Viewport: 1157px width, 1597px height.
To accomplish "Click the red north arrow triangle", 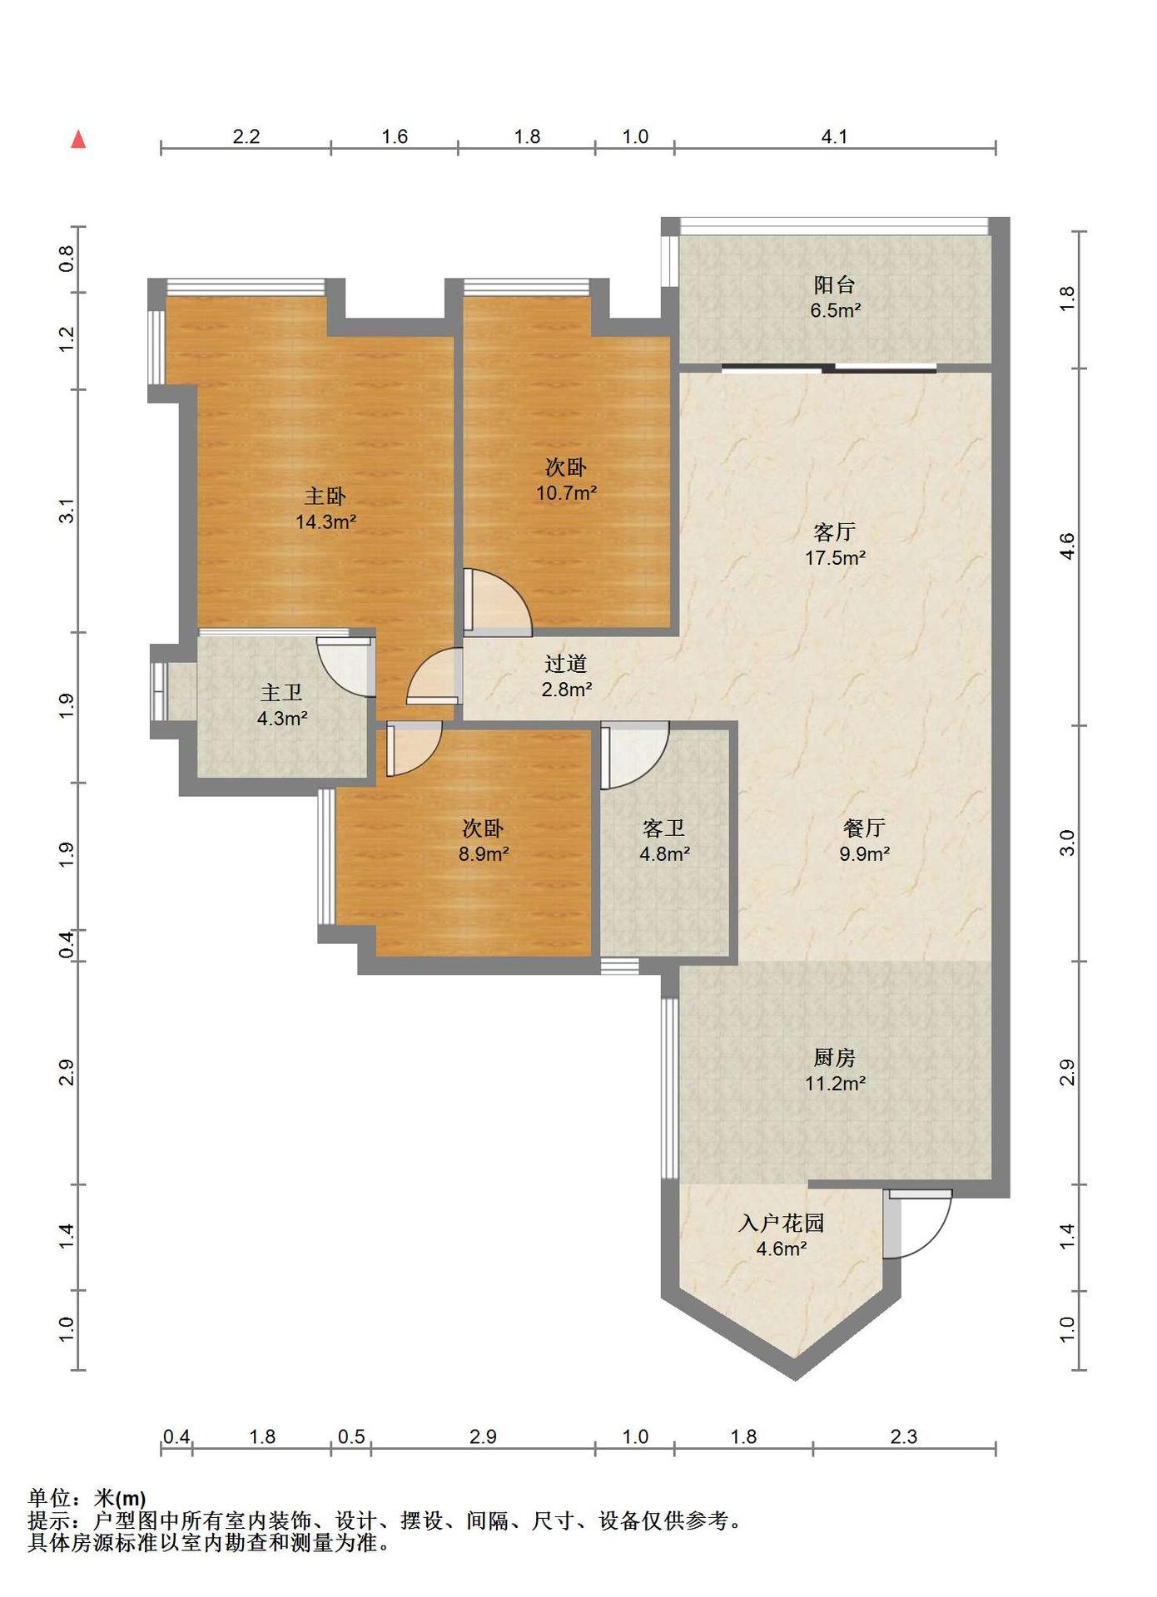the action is [x=78, y=139].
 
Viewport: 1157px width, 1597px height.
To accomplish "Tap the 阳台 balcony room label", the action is [x=835, y=284].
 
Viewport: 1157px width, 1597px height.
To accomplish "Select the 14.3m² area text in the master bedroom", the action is [x=325, y=522].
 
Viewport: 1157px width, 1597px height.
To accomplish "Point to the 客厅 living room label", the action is [x=835, y=532].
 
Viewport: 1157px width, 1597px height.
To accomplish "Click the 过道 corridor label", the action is [x=566, y=663].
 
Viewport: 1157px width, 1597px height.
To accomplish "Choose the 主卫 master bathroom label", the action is [x=281, y=693].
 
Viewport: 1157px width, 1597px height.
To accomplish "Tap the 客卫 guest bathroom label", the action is [x=664, y=828].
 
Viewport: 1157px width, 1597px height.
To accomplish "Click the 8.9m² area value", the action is [x=484, y=853].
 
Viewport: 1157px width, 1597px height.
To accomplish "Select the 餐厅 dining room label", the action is [x=864, y=828].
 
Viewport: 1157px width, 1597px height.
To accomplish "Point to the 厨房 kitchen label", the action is [x=835, y=1057].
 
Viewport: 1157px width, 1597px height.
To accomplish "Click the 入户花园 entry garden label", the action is [x=782, y=1223].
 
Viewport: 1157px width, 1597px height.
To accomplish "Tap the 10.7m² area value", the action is [x=566, y=493].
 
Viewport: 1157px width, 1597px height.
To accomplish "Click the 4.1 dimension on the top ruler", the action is [x=835, y=136].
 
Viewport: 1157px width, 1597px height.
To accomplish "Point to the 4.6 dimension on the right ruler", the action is [x=1067, y=546].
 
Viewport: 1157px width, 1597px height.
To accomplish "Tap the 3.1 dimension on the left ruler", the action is [x=67, y=511].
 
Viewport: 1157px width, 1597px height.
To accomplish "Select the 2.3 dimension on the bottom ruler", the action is [x=904, y=1436].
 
